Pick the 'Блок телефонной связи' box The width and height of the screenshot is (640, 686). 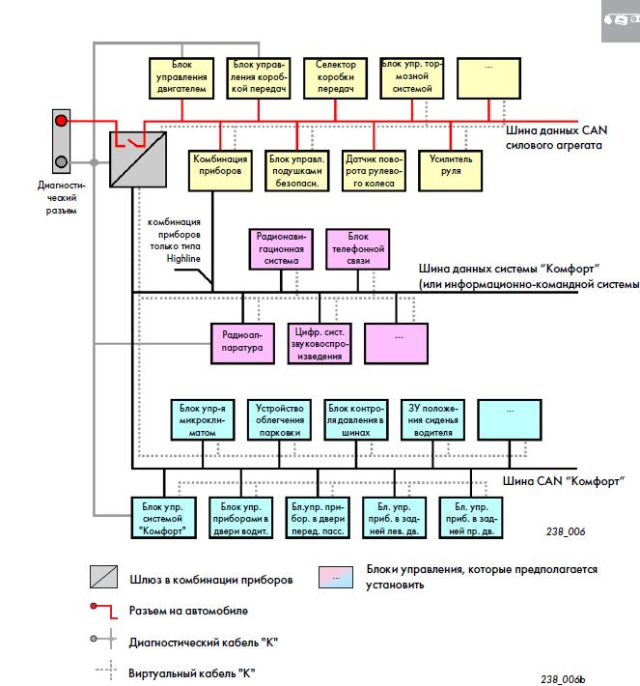pos(358,248)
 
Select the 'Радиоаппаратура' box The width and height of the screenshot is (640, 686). pos(243,342)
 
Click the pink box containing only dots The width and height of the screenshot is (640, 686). pos(397,342)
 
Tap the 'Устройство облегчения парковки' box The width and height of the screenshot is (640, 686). pos(280,420)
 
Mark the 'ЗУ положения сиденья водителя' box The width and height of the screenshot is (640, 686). pos(431,420)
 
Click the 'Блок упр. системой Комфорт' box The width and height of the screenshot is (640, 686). pos(163,518)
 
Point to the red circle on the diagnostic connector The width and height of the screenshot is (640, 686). pos(62,121)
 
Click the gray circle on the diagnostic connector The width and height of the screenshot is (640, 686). pos(62,161)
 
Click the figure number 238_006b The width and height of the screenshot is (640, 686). pos(563,678)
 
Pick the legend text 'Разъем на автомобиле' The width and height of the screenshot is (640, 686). pos(189,611)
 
